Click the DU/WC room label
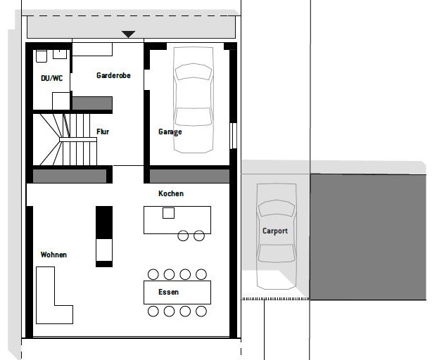pos(51,78)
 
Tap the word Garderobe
pos(113,75)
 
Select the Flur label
pos(103,131)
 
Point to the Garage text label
pos(170,132)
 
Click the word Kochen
pos(171,193)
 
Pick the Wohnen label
pos(53,255)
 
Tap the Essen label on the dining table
pos(168,292)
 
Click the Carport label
pos(275,231)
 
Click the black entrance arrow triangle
pos(129,34)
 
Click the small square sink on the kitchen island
pos(168,213)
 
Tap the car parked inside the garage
pos(193,100)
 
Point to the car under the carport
pos(276,236)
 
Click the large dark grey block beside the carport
pos(368,237)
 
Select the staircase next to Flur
pos(65,139)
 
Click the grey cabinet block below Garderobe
pos(92,103)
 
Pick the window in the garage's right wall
pos(233,136)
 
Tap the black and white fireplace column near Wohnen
pos(104,237)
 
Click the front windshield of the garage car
pos(193,71)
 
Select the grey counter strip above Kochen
pos(189,176)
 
